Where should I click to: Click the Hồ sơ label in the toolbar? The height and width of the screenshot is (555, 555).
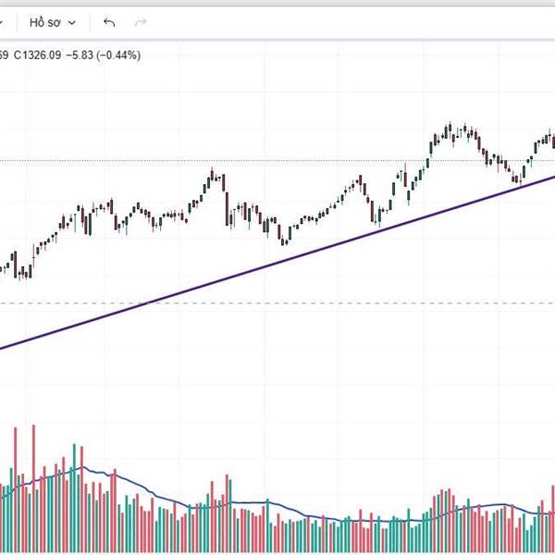point(43,21)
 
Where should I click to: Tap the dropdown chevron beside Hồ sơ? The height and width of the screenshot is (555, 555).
point(71,22)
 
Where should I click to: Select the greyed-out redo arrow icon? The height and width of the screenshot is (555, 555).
point(141,21)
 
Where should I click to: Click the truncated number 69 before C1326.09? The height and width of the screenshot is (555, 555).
point(4,55)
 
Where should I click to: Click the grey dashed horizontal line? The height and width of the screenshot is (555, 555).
point(370,303)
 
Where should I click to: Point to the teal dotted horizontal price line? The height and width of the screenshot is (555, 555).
point(277,160)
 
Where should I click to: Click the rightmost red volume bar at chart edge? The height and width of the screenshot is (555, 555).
point(552,518)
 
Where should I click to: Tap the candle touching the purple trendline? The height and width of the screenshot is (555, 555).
point(519,179)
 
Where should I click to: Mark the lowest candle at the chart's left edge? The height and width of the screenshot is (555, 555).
point(20,270)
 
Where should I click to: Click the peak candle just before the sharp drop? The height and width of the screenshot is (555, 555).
point(212,174)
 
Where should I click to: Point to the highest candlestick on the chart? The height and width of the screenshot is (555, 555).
point(449,129)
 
